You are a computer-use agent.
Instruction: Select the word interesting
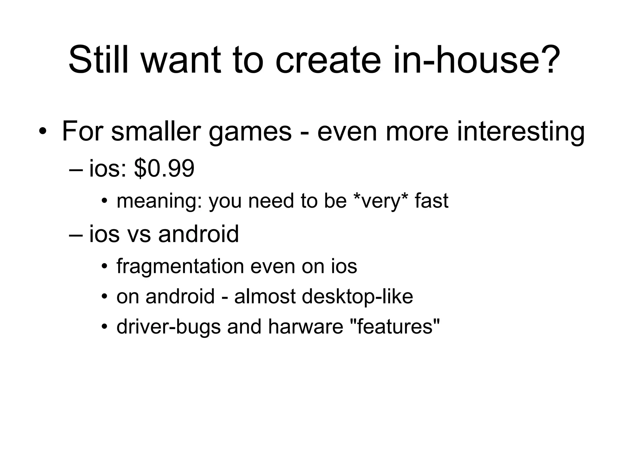click(x=521, y=132)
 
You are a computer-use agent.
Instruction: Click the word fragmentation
click(x=180, y=266)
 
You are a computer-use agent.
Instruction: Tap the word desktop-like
click(x=357, y=297)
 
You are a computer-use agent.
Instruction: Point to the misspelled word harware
click(x=306, y=326)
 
